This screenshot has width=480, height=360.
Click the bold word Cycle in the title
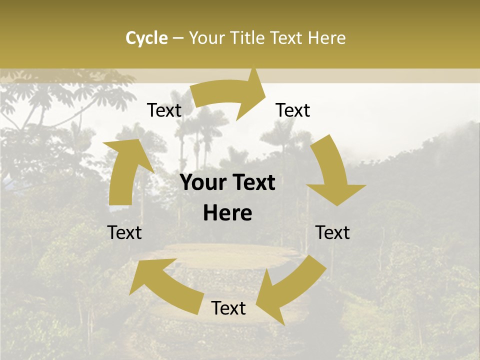click(x=146, y=38)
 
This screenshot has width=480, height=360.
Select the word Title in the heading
click(x=248, y=38)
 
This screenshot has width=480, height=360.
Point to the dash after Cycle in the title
click(x=178, y=38)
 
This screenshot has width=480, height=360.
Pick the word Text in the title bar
click(x=286, y=38)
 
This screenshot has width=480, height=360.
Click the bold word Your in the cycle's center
click(x=203, y=183)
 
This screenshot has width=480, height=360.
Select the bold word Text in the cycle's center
click(x=253, y=183)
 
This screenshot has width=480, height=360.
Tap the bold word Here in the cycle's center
click(x=227, y=213)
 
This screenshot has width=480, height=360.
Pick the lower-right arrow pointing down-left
click(x=285, y=290)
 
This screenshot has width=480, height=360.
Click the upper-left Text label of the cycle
click(x=164, y=110)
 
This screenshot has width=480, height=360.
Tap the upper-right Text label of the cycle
click(x=293, y=110)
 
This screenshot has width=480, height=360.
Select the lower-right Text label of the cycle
click(x=332, y=232)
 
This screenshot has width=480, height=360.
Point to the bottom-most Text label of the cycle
click(x=228, y=308)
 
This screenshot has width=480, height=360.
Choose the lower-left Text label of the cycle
click(x=124, y=232)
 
